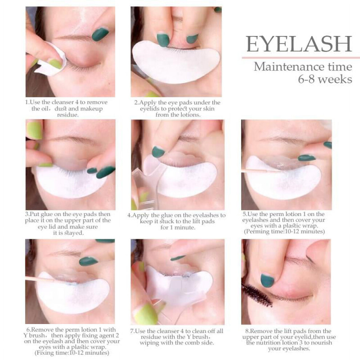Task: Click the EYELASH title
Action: tap(299, 44)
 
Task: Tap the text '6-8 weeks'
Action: tap(325, 79)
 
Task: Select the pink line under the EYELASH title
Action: tap(301, 57)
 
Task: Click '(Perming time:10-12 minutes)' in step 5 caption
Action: tap(284, 231)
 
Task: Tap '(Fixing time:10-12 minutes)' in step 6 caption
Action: tap(72, 353)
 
